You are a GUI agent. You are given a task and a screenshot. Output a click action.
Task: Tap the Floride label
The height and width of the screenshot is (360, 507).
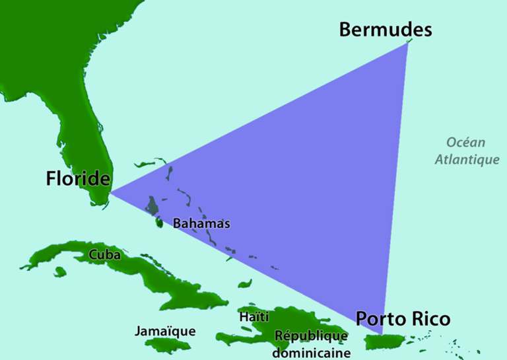click(x=78, y=179)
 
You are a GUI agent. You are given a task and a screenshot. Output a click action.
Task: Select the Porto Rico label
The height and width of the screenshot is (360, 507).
click(x=403, y=320)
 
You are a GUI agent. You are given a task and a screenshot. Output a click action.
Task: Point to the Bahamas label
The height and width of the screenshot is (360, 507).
click(x=201, y=224)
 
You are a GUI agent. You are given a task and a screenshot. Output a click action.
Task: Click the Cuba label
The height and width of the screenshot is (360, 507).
click(x=104, y=254)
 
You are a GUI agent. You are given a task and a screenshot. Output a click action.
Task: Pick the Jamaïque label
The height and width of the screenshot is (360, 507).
click(x=164, y=330)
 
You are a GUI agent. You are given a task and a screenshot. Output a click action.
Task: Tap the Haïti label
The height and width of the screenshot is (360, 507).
click(x=254, y=317)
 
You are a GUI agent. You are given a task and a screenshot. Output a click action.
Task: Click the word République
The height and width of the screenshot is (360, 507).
click(x=311, y=336)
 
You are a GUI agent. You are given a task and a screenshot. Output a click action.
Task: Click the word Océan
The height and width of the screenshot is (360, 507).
click(x=465, y=142)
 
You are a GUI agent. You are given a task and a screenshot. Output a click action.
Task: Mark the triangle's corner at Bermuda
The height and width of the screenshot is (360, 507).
click(x=407, y=44)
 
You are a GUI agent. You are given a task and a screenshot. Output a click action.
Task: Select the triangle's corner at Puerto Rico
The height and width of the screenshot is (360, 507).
click(x=383, y=334)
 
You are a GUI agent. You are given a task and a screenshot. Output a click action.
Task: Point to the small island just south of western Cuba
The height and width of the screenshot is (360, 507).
click(x=60, y=271)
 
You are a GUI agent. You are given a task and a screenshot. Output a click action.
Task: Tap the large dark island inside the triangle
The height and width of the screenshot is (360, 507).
click(x=153, y=206)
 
